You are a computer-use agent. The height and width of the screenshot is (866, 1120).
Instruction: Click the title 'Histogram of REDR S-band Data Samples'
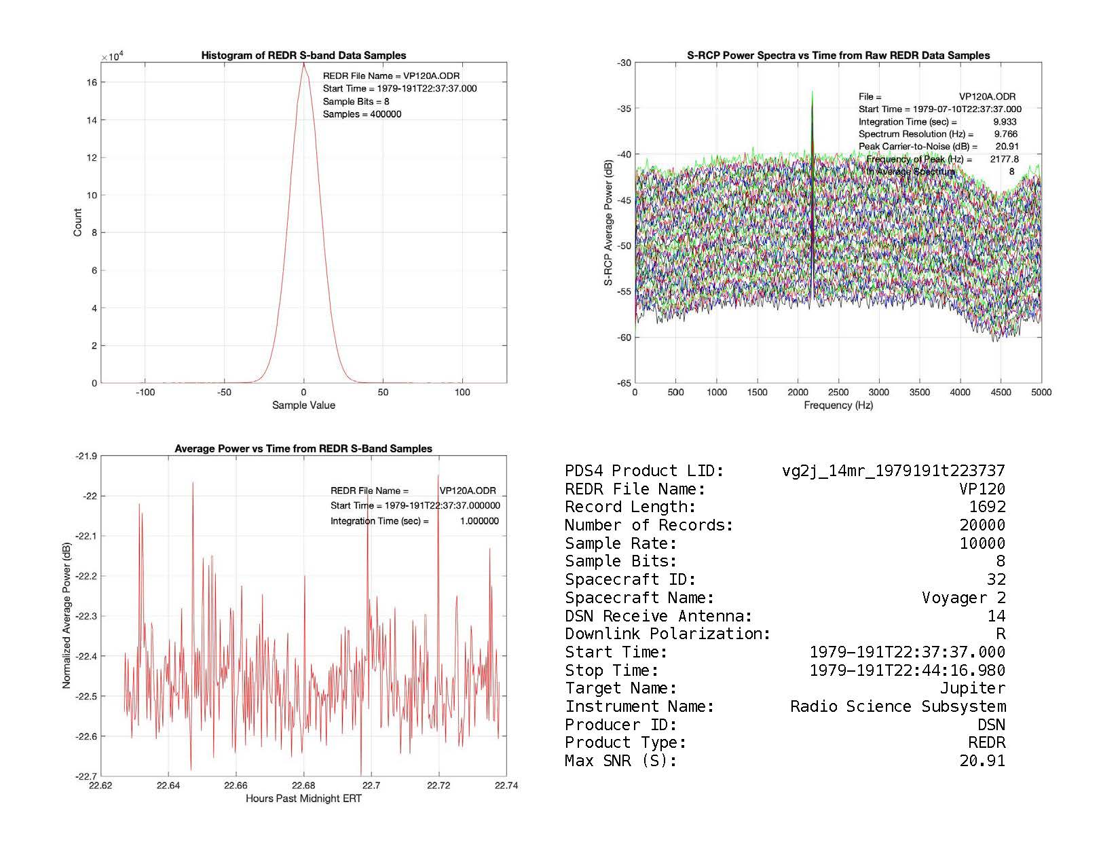pos(303,55)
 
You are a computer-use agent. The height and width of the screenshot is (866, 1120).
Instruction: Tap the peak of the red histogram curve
pos(303,64)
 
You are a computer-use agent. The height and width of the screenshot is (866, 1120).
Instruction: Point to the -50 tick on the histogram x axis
pos(224,392)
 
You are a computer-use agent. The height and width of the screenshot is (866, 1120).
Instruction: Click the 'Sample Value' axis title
pos(303,405)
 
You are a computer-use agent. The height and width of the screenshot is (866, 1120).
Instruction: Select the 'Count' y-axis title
pos(77,223)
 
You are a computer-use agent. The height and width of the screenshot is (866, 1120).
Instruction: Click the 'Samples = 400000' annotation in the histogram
pos(362,114)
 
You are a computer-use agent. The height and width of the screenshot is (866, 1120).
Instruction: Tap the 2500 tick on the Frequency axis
pos(838,392)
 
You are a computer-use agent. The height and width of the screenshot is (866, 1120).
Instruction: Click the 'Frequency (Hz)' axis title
pos(838,405)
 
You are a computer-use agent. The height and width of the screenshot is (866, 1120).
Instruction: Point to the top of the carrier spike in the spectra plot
pos(812,92)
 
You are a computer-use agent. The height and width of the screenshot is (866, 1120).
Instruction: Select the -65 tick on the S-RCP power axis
pos(624,383)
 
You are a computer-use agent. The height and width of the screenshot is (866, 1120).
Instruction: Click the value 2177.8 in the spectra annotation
pos(1004,159)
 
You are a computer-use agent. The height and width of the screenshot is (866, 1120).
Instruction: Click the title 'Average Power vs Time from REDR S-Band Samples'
pos(303,448)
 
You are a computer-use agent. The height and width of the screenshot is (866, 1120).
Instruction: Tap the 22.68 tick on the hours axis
pos(303,786)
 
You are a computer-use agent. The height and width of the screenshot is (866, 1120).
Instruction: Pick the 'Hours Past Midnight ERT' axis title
pos(303,799)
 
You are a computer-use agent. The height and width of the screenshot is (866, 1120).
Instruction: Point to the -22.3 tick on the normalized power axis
pos(86,616)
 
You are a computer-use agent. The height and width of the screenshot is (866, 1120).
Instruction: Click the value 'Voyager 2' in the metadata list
pos(963,598)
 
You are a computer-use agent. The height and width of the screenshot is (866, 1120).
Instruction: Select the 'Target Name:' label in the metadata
pos(620,689)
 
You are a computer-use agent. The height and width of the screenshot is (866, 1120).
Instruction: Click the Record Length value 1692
pos(987,507)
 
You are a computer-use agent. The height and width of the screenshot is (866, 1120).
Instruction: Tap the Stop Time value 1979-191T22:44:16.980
pos(907,670)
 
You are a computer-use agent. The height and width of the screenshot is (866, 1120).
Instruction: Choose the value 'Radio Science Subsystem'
pos(897,706)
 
